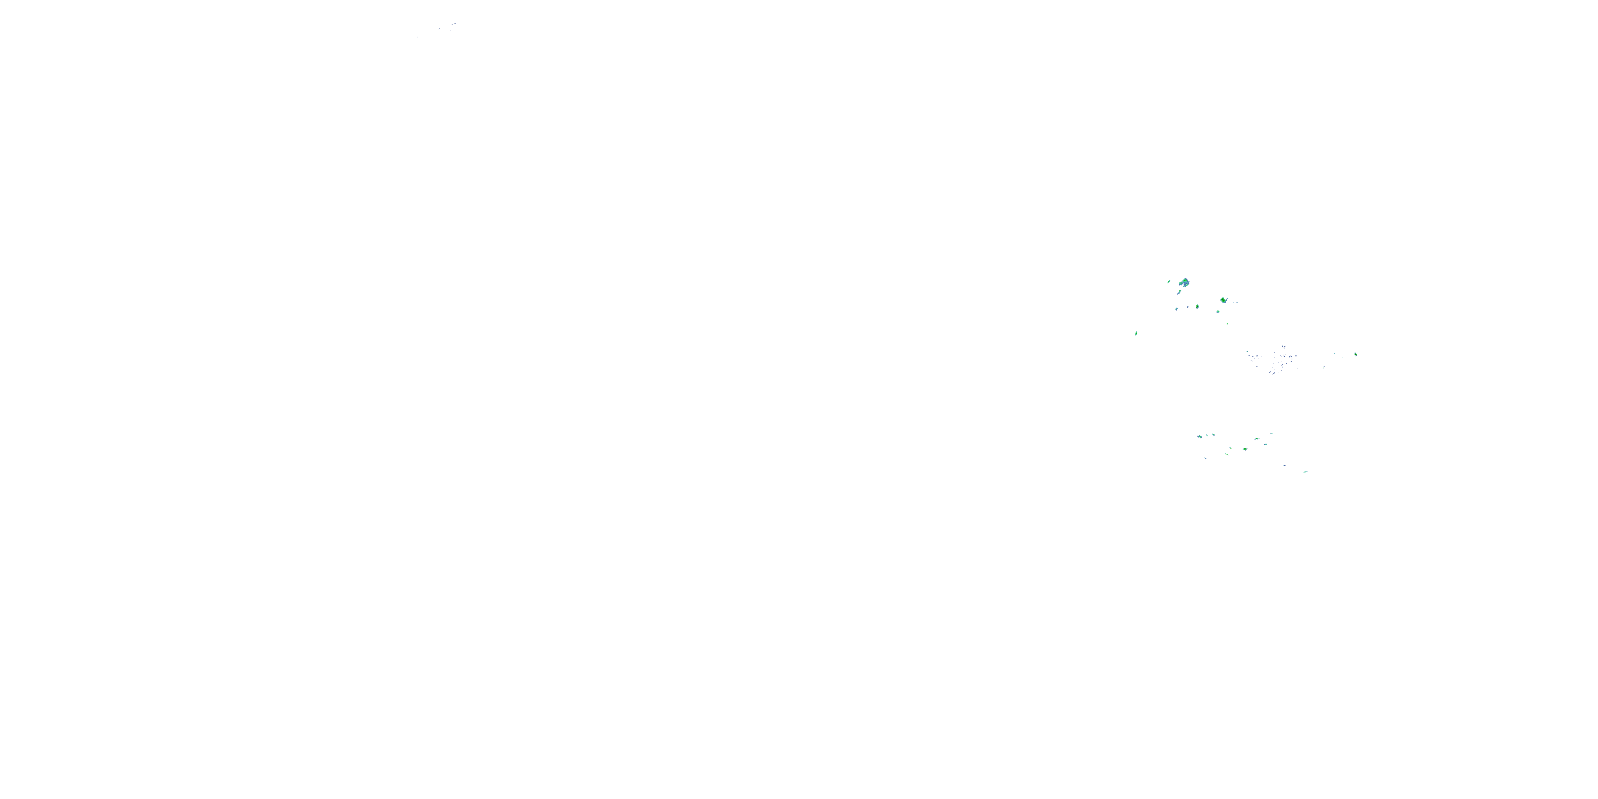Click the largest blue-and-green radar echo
click(x=1185, y=283)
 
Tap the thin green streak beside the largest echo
click(x=1169, y=282)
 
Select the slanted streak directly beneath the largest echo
click(x=1177, y=308)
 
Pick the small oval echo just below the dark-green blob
click(x=1218, y=312)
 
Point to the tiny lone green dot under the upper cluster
click(x=1226, y=323)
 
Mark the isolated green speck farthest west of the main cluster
click(x=1136, y=333)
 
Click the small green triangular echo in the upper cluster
click(x=1197, y=306)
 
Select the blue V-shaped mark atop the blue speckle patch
click(x=1282, y=347)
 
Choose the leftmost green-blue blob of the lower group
click(x=1200, y=437)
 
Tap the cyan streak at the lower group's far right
click(x=1305, y=472)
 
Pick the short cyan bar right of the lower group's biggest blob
click(x=1258, y=438)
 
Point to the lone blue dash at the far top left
click(x=418, y=37)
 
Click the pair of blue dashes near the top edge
click(x=453, y=25)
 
